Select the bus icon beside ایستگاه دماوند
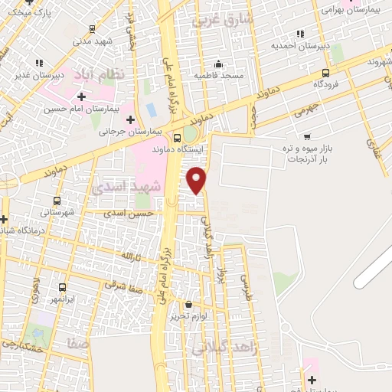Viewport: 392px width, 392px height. coord(178,139)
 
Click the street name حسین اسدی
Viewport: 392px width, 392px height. coord(132,213)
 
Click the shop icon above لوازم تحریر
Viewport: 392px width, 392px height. coord(188,304)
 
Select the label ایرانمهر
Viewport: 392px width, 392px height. coord(55,298)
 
